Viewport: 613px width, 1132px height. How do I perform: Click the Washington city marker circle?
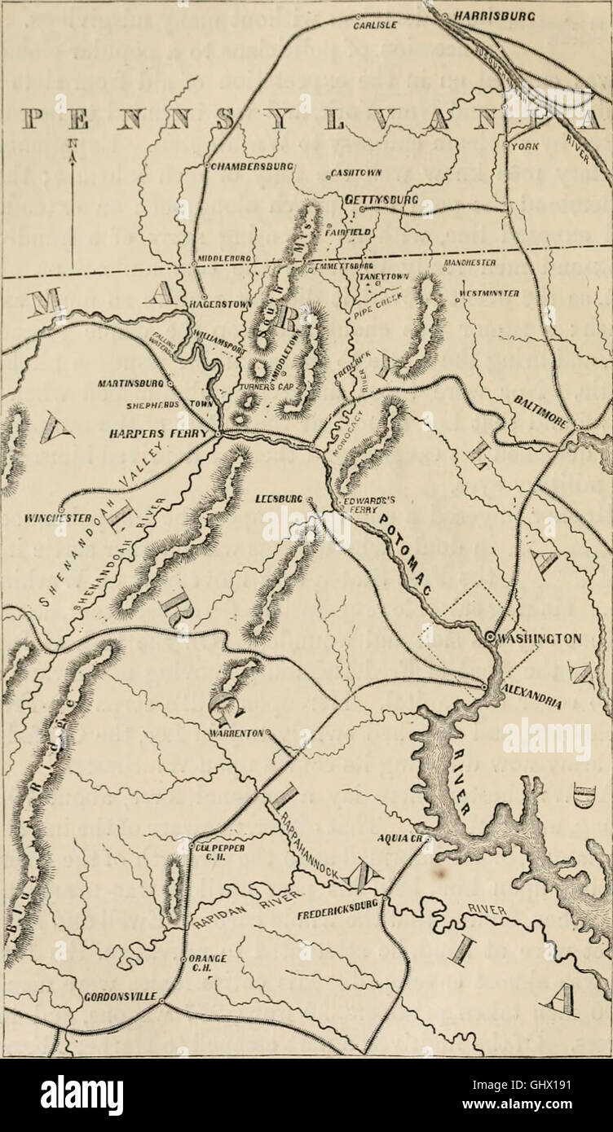488,639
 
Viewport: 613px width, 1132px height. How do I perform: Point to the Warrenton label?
236,732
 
